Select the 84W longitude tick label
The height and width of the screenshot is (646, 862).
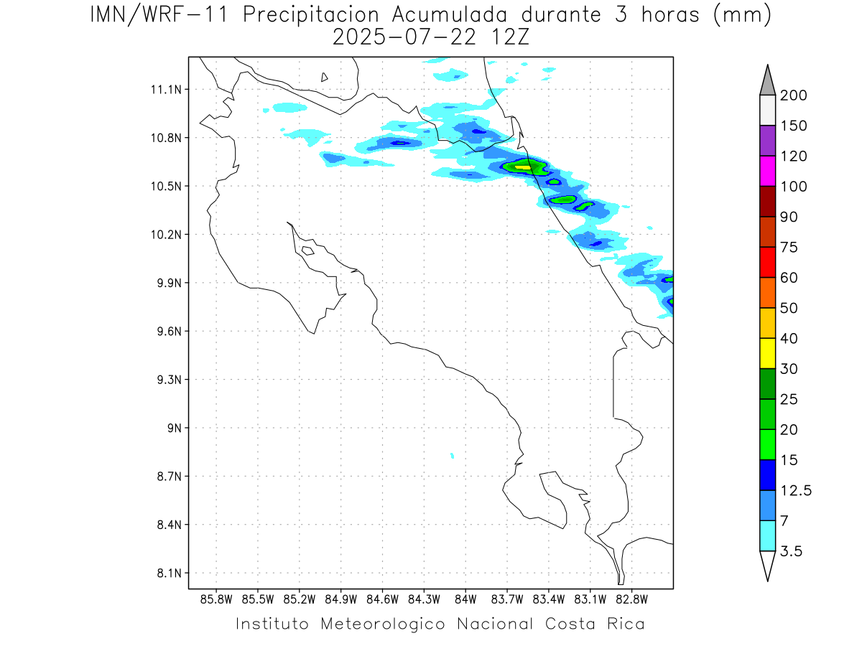point(465,599)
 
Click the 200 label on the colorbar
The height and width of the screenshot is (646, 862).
point(794,95)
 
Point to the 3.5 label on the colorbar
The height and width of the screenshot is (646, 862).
point(792,551)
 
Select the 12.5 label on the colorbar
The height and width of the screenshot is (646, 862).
point(794,490)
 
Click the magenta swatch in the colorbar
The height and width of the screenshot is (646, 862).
point(767,171)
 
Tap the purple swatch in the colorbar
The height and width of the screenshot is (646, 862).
point(767,141)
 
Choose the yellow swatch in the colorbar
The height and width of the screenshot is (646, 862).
point(767,353)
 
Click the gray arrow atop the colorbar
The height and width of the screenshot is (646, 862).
point(767,80)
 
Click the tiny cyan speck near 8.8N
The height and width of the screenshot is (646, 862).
point(452,455)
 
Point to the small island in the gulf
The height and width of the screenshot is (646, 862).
point(307,251)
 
